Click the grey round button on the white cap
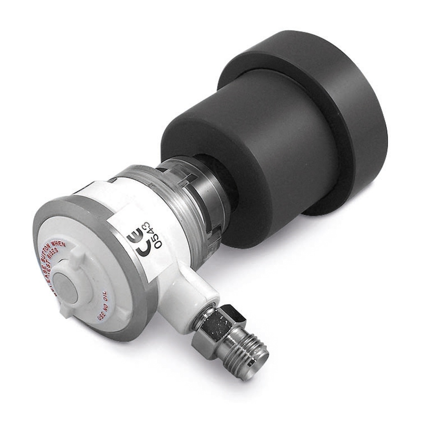(x=66, y=288)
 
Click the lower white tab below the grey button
(x=66, y=310)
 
